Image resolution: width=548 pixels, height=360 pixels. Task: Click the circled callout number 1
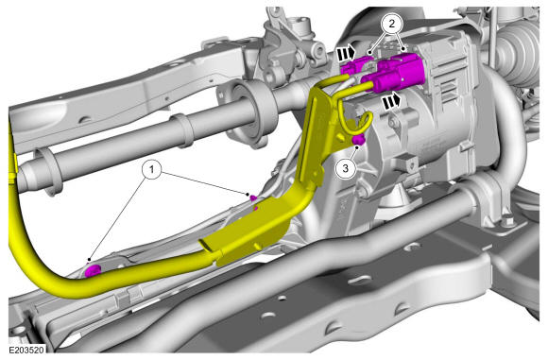click(x=151, y=170)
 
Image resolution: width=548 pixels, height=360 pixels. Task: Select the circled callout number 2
click(x=392, y=24)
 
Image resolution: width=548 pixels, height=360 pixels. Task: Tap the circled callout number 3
click(x=345, y=168)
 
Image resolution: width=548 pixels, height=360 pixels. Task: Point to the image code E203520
click(x=26, y=350)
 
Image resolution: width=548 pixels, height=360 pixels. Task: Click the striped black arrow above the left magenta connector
click(x=346, y=54)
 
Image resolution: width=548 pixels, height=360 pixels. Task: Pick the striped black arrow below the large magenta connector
click(x=391, y=101)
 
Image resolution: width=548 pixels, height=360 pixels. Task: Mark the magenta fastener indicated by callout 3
click(x=358, y=140)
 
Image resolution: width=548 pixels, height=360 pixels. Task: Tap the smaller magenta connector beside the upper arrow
click(x=353, y=66)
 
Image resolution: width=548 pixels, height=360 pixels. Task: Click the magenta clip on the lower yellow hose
click(x=93, y=270)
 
